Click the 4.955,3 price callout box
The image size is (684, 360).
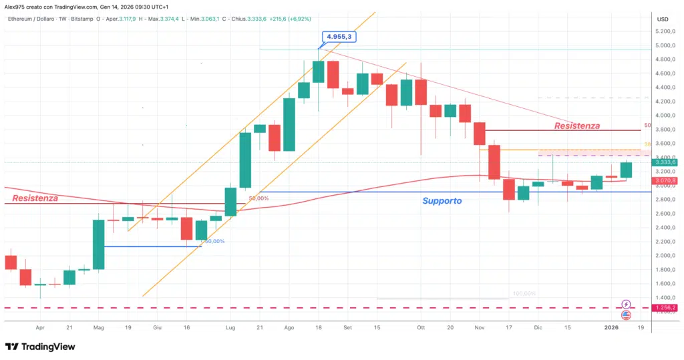[x=338, y=37]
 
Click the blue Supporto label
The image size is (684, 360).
[x=442, y=200]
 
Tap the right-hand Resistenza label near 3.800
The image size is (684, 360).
[x=577, y=126]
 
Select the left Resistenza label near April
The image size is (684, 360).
[x=35, y=198]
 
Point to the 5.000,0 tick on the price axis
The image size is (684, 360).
[x=663, y=45]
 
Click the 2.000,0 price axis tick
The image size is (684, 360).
[x=663, y=256]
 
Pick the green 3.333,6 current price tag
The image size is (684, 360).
[x=666, y=162]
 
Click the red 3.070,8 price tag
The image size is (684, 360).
[x=666, y=180]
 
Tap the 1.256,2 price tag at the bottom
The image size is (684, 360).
[x=666, y=308]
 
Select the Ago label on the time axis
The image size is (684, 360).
[x=289, y=328]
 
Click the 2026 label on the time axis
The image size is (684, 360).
[x=613, y=328]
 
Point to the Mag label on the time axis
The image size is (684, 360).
[x=99, y=328]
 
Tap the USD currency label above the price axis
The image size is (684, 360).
[x=663, y=19]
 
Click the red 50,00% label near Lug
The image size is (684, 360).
[x=259, y=198]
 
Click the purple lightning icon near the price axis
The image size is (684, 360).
[x=626, y=304]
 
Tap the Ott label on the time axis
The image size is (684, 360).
[x=421, y=328]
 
